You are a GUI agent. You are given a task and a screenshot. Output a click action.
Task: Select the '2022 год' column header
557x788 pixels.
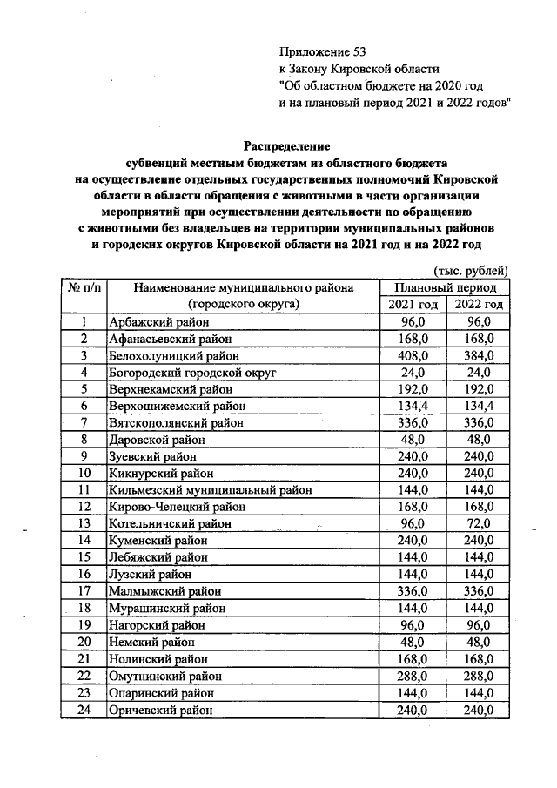[x=479, y=304]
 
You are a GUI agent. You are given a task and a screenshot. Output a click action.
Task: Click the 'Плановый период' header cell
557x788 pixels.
[x=446, y=287]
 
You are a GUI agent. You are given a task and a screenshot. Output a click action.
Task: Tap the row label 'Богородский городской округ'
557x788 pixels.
[x=193, y=372]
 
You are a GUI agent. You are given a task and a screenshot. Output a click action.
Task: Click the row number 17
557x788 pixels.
[x=84, y=590]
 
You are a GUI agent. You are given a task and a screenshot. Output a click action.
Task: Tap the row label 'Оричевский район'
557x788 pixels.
[x=158, y=709]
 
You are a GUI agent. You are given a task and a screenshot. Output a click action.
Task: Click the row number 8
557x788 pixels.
[x=84, y=439]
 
